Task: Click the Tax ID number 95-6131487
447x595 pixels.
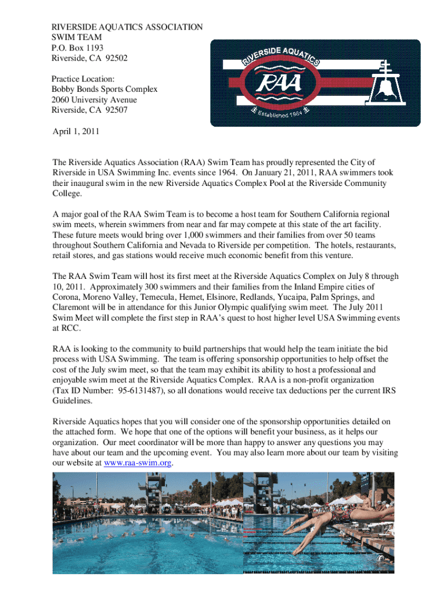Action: [x=138, y=390]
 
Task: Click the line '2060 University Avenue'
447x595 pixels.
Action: [x=94, y=100]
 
